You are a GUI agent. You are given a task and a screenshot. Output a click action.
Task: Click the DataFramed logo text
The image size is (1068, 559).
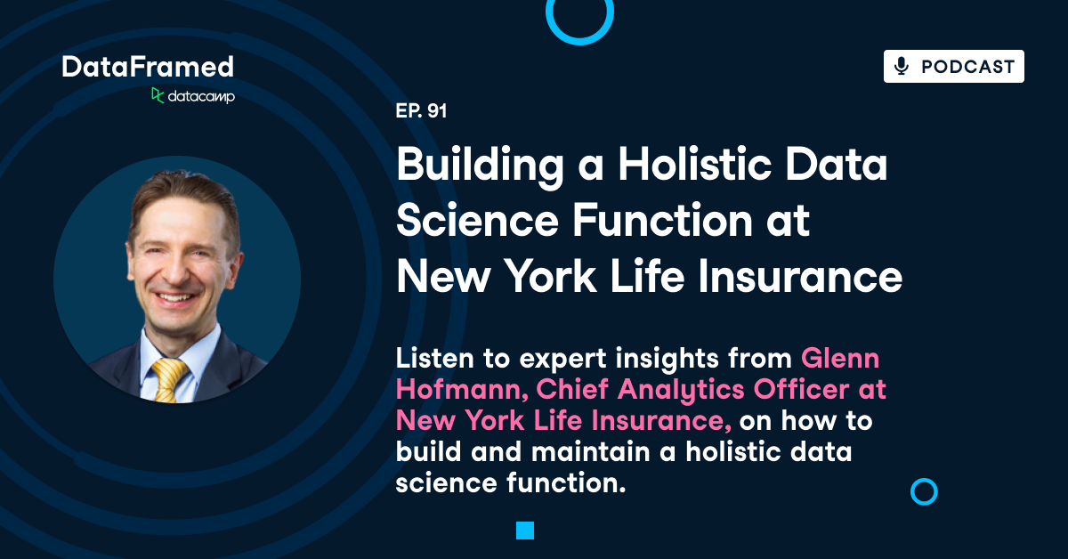pos(148,67)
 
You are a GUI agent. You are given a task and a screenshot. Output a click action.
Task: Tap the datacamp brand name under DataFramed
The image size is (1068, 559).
pos(200,96)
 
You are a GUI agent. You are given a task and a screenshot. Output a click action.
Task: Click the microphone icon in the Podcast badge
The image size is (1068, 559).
pos(902,67)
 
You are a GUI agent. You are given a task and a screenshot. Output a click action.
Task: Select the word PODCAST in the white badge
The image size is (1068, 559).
pos(967,67)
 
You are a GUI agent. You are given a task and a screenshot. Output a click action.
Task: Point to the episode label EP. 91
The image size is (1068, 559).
pos(421,112)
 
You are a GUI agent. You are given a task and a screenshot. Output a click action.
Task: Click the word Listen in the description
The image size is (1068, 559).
pos(433,359)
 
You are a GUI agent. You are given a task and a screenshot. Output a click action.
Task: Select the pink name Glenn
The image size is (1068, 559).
pos(840,359)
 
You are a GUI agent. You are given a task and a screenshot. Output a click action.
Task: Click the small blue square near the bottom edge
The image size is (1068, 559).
pos(525,531)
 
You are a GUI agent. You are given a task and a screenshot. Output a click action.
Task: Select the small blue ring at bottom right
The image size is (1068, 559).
pos(925,491)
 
